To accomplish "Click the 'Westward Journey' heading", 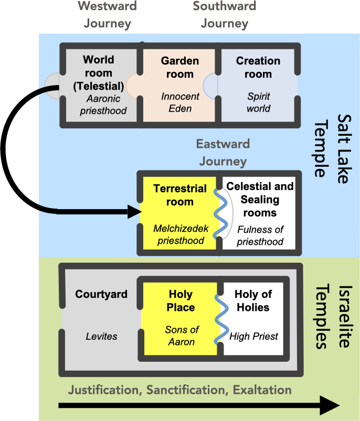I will pos(107,15).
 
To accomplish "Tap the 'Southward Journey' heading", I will pos(224,15).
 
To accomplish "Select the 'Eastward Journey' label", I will pos(223,153).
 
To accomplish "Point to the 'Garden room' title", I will pos(180,67).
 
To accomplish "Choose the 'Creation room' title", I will pos(258,67).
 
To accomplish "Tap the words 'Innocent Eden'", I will pos(180,103).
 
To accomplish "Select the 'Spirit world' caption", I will pos(258,103).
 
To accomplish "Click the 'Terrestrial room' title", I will pos(173,195).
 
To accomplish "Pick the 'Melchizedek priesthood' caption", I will pos(179,234).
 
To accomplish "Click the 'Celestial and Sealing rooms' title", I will pos(260,200).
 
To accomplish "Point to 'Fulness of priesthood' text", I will pos(260,235).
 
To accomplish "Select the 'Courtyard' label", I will pos(101,294).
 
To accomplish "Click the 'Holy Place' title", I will pos(181,300).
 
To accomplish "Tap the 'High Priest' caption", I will pos(253,336).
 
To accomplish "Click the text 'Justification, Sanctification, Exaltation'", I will pos(180,390).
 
